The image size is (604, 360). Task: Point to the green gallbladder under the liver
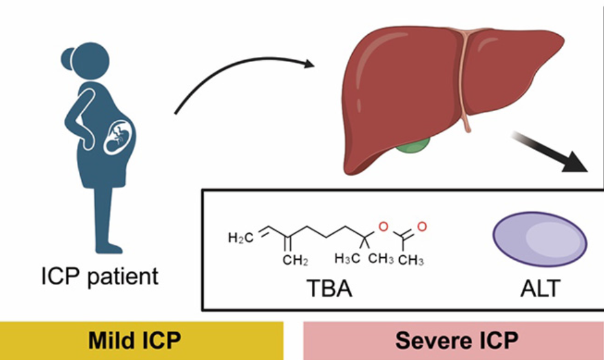(x=413, y=147)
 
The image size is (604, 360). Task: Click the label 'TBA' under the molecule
(x=329, y=288)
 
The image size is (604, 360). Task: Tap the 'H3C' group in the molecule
(x=346, y=260)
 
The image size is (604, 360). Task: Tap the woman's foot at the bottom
(x=110, y=248)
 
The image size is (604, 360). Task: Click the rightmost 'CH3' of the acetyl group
(x=411, y=260)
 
